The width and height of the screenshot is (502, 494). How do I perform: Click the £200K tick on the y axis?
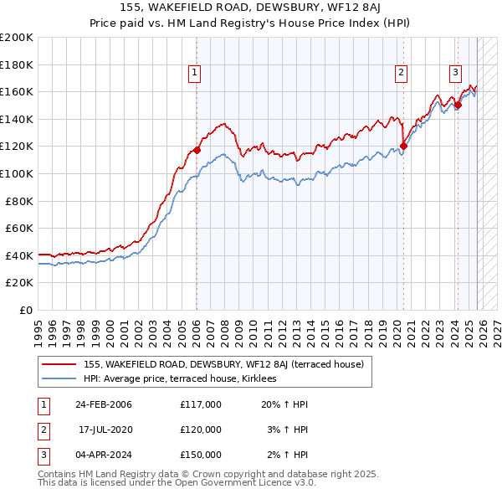tap(17, 38)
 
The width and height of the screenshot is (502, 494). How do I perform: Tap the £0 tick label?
tap(26, 310)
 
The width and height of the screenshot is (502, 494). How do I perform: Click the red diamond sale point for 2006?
tap(197, 151)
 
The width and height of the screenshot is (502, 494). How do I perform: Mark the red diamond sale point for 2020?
tap(403, 147)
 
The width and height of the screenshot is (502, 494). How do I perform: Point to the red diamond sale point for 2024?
tap(458, 105)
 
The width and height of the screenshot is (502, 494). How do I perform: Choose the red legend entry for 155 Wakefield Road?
tap(223, 365)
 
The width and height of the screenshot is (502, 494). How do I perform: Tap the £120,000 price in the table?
tap(201, 430)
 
